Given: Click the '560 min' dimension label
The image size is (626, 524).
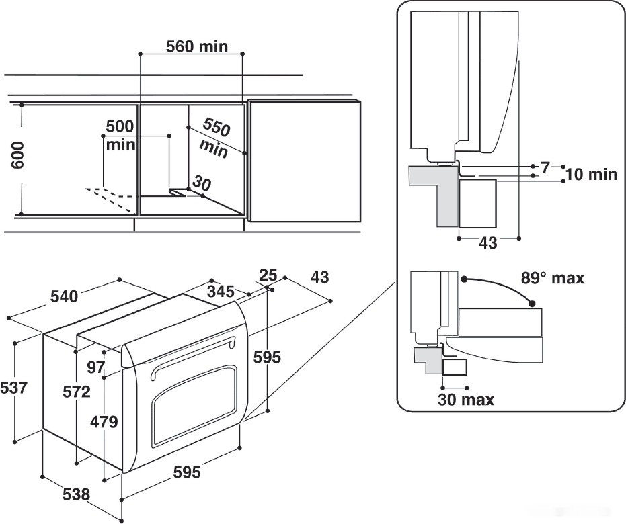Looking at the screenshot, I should point(196,46).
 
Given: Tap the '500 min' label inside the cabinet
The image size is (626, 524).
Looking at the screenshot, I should point(120,135).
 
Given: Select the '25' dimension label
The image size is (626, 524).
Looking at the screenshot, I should point(268,275).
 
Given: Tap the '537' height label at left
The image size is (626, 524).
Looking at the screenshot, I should point(14,388).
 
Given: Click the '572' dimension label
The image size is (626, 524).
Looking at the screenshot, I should point(77,392).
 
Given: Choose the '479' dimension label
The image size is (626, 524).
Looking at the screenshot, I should point(104,422).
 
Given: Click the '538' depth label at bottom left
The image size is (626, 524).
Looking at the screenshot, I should point(75,494).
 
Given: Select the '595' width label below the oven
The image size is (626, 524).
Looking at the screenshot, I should point(186,472).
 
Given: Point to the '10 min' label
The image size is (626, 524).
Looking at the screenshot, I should point(590,175).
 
